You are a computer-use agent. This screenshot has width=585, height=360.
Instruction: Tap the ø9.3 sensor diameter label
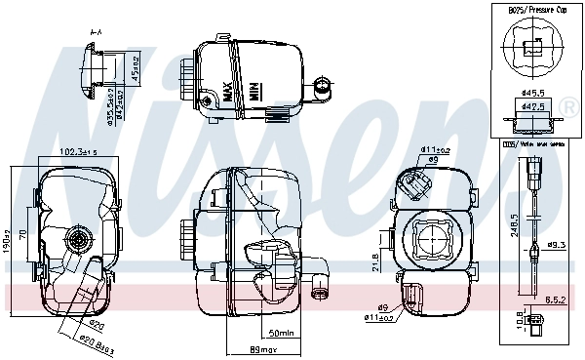(x=556, y=245)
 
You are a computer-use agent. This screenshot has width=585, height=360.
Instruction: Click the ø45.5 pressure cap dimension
(x=532, y=95)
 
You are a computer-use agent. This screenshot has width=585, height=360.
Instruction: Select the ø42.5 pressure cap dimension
(x=532, y=107)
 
